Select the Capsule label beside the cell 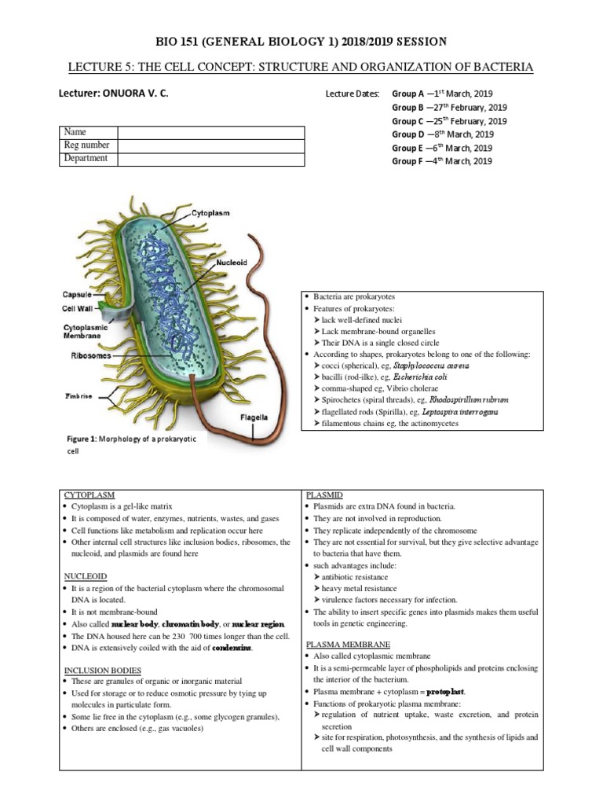tap(78, 295)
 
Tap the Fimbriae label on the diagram tap(78, 396)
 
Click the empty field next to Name tap(210, 132)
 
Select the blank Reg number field tap(210, 145)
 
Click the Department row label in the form tap(86, 158)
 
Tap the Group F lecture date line tap(442, 161)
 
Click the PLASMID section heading tap(323, 494)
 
